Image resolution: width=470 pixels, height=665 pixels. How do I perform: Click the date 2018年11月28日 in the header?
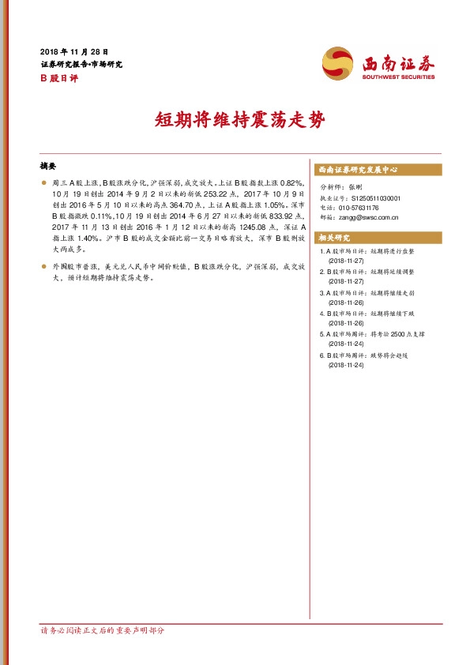click(x=73, y=51)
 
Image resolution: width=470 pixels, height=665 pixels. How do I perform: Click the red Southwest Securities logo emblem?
click(x=337, y=62)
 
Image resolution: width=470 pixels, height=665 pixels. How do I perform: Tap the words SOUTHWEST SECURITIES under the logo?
click(x=398, y=77)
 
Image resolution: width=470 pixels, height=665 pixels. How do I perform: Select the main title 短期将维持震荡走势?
click(x=234, y=121)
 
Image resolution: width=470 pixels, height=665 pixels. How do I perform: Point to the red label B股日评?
click(x=58, y=77)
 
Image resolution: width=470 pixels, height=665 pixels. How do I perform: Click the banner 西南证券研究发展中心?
click(x=357, y=170)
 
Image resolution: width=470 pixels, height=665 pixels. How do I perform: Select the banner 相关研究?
click(x=333, y=238)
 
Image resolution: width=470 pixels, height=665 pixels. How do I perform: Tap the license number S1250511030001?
click(x=374, y=197)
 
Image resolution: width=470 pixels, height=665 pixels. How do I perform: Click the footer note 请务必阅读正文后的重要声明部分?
click(x=103, y=631)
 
